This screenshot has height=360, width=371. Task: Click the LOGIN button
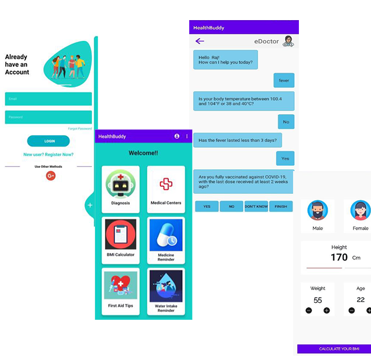48,141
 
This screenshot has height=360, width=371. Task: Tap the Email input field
48,99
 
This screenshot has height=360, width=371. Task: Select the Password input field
48,117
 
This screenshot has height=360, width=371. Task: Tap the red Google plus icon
51,176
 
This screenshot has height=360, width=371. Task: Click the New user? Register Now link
48,155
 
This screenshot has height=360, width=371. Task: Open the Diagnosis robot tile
120,189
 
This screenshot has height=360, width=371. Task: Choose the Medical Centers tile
166,189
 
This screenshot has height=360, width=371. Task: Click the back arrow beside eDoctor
200,41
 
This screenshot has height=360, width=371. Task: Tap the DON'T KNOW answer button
256,206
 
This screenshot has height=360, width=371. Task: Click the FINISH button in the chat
281,206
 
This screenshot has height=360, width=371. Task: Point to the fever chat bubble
284,80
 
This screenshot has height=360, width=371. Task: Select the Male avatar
317,211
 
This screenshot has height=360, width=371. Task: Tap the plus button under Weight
326,310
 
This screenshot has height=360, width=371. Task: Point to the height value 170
339,257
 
